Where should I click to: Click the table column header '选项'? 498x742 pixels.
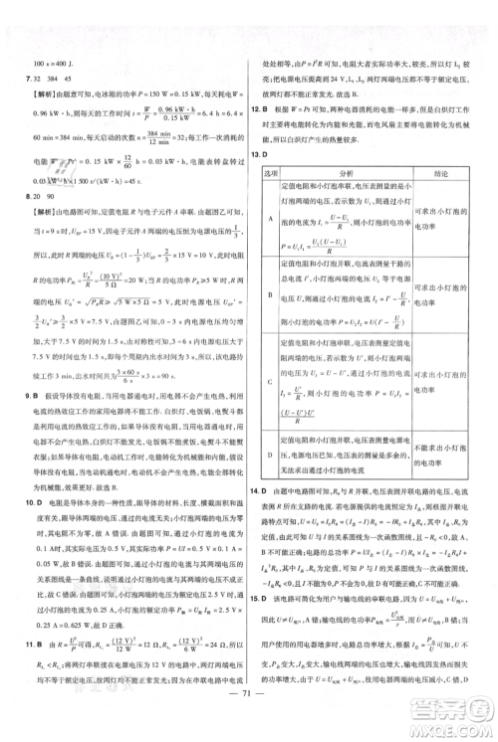pos(274,173)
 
